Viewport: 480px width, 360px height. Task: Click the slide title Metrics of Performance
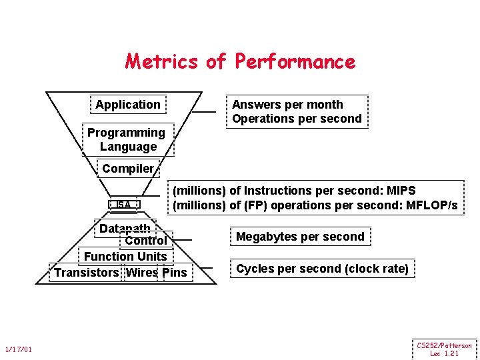click(240, 62)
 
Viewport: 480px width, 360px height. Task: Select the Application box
click(128, 105)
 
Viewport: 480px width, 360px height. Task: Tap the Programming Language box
click(127, 139)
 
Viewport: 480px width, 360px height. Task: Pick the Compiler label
click(128, 169)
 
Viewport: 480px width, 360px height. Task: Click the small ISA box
click(124, 205)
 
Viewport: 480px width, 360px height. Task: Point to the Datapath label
click(125, 229)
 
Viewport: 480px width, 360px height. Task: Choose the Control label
click(146, 241)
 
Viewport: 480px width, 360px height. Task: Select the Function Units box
click(125, 256)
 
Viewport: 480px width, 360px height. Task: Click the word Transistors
click(86, 272)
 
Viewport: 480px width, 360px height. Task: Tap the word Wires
click(141, 272)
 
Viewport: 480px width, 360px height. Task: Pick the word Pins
click(175, 272)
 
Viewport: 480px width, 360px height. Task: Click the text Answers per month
click(287, 105)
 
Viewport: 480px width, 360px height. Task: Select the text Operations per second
click(297, 119)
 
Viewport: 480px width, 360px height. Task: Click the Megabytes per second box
click(300, 237)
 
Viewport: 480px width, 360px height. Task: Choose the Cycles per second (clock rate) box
click(323, 269)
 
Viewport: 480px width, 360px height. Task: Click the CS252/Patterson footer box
click(444, 349)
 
